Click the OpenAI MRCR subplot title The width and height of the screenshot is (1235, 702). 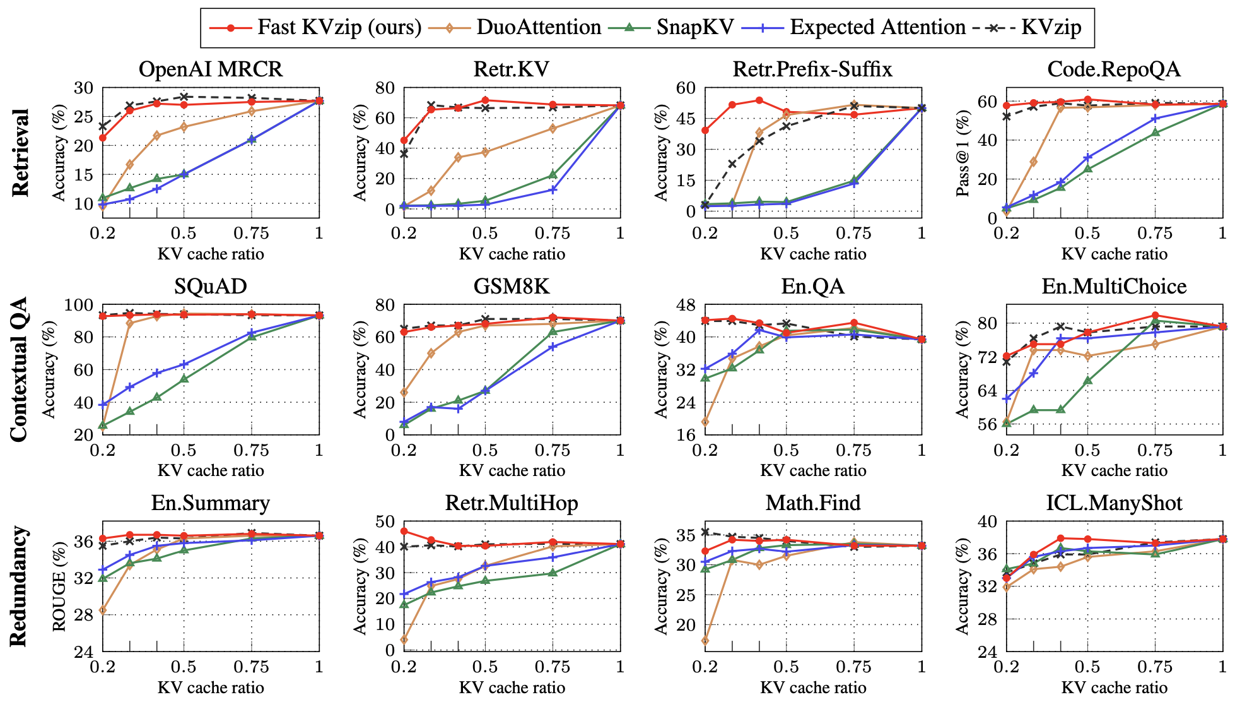coord(211,69)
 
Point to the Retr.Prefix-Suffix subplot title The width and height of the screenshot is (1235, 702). coord(812,69)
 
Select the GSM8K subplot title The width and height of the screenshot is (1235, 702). coord(512,287)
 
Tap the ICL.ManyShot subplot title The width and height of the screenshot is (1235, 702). coord(1114,503)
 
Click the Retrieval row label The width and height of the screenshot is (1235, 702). coord(20,152)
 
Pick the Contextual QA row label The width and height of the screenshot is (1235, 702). coord(19,369)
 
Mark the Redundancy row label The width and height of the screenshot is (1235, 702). coord(19,586)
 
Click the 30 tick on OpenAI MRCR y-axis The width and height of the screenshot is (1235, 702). coord(83,88)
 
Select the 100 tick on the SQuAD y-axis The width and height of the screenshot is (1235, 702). coord(79,305)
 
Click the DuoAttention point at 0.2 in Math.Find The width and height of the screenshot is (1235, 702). coord(705,641)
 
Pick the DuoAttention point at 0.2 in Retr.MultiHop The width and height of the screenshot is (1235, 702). coord(404,640)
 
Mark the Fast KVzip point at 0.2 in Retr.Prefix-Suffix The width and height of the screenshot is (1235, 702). coord(705,131)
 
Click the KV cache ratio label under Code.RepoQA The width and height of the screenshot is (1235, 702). coord(1114,254)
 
